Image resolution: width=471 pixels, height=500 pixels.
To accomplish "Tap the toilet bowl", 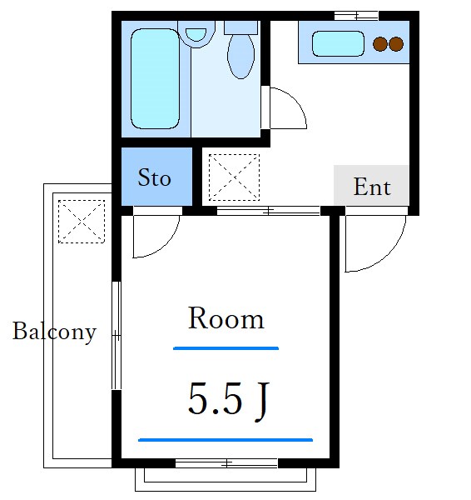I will tap(240, 55).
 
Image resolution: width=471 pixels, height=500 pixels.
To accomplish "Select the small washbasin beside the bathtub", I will tap(196, 35).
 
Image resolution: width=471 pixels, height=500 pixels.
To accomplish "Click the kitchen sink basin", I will tap(337, 44).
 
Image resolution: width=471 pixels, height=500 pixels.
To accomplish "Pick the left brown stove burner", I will tap(380, 44).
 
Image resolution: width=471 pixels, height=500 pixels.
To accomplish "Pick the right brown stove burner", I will tap(396, 44).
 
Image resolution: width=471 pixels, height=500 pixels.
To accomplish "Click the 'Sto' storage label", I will tap(154, 177).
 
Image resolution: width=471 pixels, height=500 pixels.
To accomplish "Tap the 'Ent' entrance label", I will tap(371, 187).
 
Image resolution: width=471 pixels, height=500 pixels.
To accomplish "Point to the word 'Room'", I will tap(226, 318).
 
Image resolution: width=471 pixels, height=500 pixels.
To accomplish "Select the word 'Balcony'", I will tap(54, 332).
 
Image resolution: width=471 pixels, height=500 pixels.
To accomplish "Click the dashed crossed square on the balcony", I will tap(82, 220).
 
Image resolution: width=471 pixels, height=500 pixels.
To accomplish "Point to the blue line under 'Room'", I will tap(226, 347).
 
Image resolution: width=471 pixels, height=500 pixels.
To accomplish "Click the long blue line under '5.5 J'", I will tap(226, 439).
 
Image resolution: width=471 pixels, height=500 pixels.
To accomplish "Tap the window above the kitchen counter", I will tap(355, 15).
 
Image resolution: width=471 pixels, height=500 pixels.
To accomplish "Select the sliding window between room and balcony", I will tap(117, 336).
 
